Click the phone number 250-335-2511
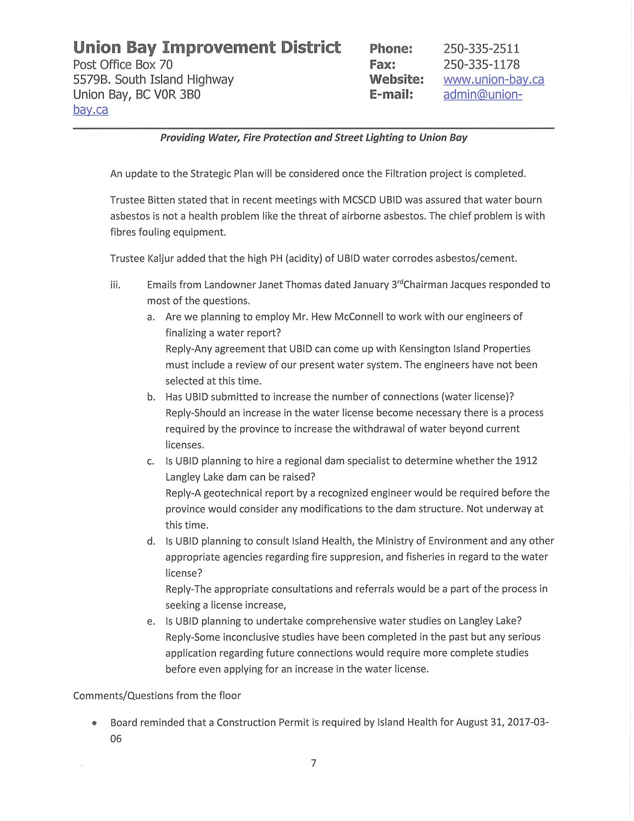pos(481,49)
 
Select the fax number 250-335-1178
pos(481,65)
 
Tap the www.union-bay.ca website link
pos(493,80)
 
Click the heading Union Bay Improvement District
pos(207,47)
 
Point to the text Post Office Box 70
pos(123,65)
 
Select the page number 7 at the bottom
pos(313,763)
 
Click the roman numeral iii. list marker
pos(115,285)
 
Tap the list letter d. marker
pos(151,541)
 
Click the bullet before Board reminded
pos(93,723)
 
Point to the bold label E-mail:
pos(391,95)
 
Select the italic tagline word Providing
pos(182,138)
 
